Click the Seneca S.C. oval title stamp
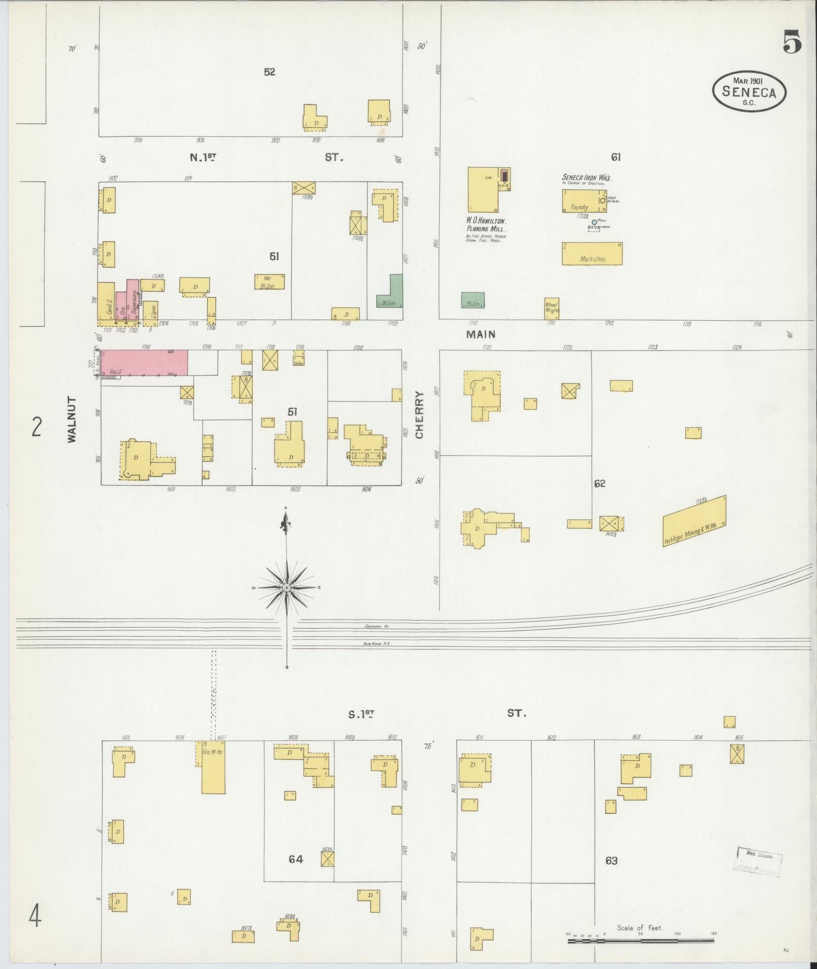click(749, 92)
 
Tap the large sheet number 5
click(792, 42)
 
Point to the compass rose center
click(287, 587)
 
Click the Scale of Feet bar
click(641, 941)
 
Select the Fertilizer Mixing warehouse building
click(694, 521)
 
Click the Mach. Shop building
click(592, 253)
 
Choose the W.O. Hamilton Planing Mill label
click(487, 225)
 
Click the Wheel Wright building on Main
click(552, 308)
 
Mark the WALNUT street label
click(72, 419)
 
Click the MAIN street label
click(481, 334)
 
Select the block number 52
click(269, 72)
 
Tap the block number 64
click(296, 859)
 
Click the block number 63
click(611, 861)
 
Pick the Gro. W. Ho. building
click(213, 767)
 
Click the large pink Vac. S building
click(144, 362)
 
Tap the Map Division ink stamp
click(757, 860)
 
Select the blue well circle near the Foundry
click(594, 221)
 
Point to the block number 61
click(615, 158)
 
